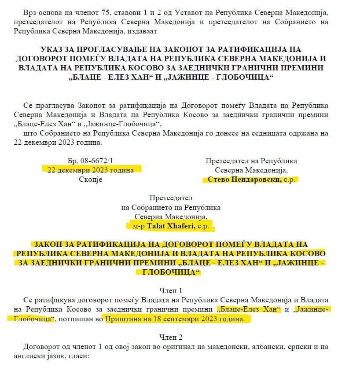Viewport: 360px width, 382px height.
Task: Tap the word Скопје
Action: coord(91,180)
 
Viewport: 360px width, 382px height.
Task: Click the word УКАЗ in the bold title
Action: coord(52,50)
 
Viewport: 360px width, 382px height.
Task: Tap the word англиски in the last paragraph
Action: coord(35,355)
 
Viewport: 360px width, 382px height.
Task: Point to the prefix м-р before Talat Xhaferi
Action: coord(139,226)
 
